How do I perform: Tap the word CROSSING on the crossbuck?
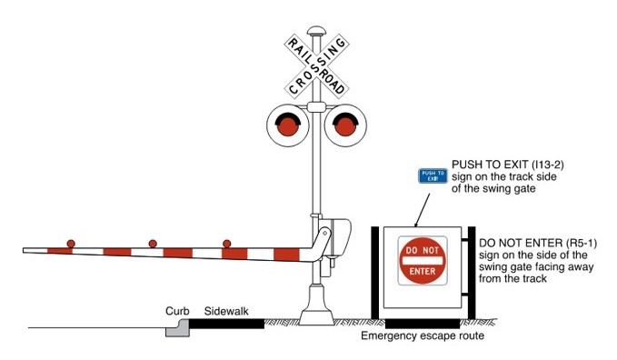tap(316, 65)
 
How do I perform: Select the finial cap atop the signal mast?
tap(316, 32)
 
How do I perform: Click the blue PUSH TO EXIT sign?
tap(433, 175)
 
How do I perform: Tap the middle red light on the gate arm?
tap(151, 244)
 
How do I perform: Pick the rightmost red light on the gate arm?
tap(226, 244)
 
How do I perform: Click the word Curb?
tap(175, 311)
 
